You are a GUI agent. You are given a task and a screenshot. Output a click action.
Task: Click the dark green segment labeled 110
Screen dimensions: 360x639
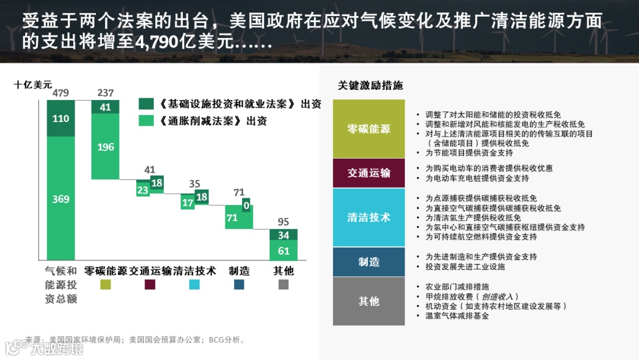61,118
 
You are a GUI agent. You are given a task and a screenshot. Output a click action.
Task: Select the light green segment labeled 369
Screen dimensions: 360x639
61,198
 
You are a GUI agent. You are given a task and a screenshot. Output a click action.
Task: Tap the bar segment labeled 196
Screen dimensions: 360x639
105,147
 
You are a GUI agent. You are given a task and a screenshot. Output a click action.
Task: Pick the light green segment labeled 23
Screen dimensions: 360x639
143,190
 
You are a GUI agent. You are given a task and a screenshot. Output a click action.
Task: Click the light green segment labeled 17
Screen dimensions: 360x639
188,202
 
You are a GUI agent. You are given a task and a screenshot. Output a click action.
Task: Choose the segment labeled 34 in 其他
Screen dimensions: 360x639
283,235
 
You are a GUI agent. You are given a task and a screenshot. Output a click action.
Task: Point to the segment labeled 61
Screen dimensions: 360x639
283,251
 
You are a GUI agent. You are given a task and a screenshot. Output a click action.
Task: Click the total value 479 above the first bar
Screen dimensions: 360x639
61,93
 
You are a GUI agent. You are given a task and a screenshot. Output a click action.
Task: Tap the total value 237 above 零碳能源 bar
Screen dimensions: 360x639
105,93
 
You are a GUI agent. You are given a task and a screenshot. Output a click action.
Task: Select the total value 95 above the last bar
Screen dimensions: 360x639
283,222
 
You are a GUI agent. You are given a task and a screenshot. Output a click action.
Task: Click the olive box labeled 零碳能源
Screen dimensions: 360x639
369,129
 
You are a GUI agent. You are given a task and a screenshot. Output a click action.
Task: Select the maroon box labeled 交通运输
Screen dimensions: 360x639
369,173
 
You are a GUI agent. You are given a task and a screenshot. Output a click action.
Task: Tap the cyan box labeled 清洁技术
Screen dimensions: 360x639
369,217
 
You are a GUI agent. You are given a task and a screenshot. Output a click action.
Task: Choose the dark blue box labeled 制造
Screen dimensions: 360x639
369,262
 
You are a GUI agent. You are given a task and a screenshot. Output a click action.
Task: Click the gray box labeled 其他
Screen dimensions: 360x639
369,301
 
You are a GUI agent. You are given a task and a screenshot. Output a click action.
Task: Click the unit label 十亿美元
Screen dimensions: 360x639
33,85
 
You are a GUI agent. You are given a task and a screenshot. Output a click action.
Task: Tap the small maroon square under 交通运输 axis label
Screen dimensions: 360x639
150,285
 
